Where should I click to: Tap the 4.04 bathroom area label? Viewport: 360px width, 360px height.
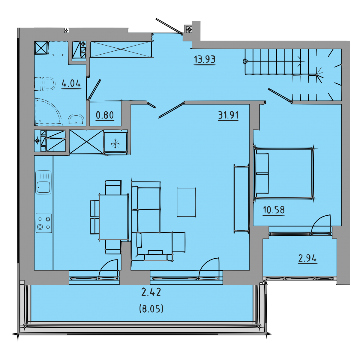tap(71, 83)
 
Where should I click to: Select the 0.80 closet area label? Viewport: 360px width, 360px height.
tap(105, 115)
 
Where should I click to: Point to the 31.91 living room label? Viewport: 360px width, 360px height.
tap(228, 115)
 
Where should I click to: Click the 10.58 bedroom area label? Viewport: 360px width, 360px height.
tap(274, 210)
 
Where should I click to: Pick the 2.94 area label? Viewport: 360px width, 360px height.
tap(307, 259)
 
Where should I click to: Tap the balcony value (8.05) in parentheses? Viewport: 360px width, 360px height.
tap(151, 308)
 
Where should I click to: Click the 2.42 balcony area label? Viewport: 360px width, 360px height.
tap(151, 292)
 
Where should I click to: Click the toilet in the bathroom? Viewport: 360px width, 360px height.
tap(45, 84)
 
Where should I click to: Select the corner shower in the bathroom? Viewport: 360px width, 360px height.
tap(49, 112)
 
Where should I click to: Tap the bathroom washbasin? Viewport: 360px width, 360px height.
tap(76, 119)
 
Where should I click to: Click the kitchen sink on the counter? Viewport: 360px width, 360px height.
tap(43, 182)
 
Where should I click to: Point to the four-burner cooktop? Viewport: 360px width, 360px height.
tap(44, 223)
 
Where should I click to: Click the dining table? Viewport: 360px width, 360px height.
tap(114, 217)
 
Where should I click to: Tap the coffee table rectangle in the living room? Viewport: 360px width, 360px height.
tap(186, 202)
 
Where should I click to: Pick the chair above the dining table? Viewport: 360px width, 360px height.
tap(113, 187)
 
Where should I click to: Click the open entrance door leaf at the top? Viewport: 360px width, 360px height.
tap(169, 26)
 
